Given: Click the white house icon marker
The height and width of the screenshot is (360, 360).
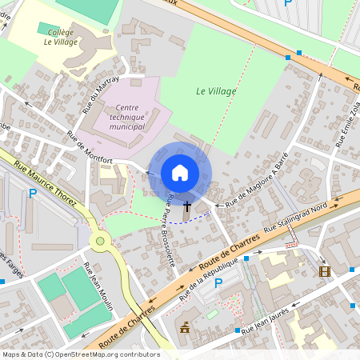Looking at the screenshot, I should pos(180,173).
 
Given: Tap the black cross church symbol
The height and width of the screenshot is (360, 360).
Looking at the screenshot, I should pos(187,207).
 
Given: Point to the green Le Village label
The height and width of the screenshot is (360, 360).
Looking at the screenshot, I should pos(216,91).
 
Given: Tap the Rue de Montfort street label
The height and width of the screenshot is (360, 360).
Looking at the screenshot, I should pos(90,148).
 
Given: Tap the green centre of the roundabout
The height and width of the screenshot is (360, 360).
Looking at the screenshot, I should pos(100,240).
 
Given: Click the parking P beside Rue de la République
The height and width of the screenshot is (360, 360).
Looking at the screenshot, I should pos(218,283).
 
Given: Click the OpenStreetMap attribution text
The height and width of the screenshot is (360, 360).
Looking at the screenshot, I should pos(80,354).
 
